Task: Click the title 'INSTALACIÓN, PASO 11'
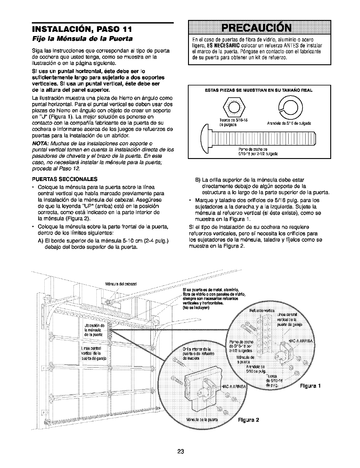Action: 81,30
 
